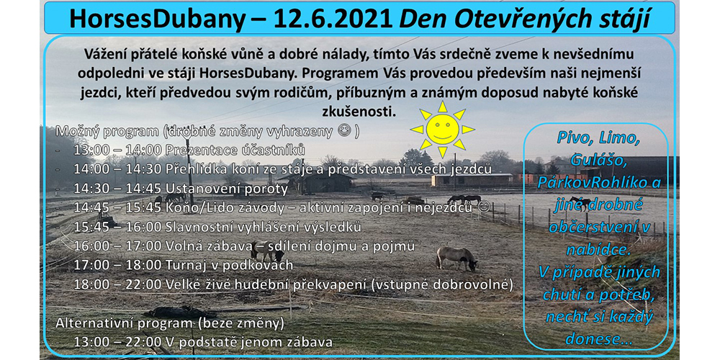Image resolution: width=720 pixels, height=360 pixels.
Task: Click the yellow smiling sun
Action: (x=442, y=130)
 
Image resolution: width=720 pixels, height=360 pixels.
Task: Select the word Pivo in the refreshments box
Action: (x=575, y=138)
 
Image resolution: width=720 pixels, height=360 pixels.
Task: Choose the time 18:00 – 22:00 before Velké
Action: (x=117, y=284)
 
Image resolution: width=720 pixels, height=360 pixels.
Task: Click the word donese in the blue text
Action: (x=595, y=339)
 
